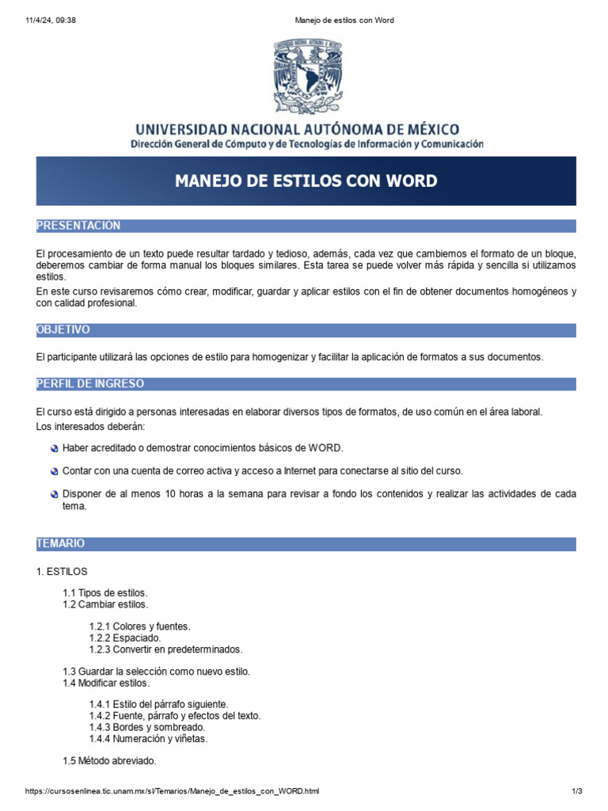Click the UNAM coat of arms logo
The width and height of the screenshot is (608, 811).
pos(307,76)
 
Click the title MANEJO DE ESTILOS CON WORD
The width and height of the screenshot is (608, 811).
pos(306,181)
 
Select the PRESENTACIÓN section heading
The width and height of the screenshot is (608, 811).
pos(78,226)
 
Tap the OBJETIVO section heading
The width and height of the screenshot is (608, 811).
pos(63,329)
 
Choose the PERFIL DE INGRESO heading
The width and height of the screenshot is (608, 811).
pos(90,383)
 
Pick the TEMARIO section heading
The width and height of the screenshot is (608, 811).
pos(60,543)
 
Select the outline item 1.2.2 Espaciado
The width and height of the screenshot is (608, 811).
pos(125,638)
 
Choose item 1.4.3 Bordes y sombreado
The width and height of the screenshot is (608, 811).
pos(147,727)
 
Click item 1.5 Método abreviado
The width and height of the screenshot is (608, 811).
pos(109,761)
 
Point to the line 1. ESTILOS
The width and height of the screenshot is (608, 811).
pos(62,571)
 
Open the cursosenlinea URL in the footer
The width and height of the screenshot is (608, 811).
pos(173,791)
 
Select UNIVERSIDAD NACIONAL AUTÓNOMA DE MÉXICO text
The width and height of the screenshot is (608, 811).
pos(297,128)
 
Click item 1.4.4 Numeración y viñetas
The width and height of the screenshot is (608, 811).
pos(149,738)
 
